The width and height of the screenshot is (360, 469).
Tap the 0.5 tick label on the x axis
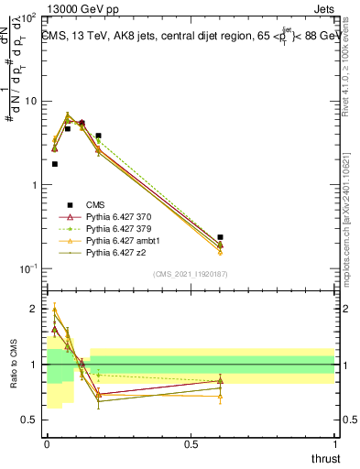click(191, 443)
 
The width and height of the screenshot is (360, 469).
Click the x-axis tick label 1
click(334, 443)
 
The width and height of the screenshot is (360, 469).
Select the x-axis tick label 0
click(47, 443)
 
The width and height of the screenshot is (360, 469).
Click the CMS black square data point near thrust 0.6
click(220, 237)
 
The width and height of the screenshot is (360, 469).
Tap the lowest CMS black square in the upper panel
click(55, 164)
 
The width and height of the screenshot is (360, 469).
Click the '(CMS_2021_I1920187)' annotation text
click(191, 274)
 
